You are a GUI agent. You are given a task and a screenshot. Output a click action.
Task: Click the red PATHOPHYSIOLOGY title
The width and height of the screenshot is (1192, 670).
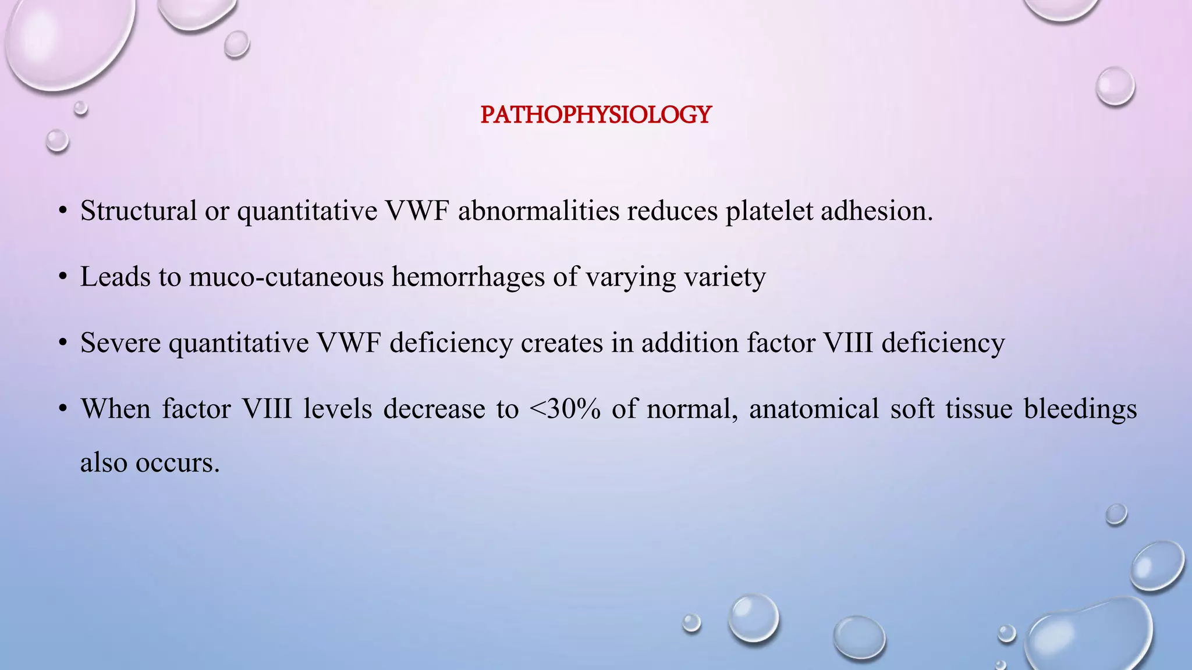(x=596, y=115)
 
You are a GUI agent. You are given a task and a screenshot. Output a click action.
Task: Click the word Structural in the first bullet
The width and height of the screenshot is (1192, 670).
(x=139, y=211)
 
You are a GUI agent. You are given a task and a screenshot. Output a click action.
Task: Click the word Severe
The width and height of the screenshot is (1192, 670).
(x=120, y=343)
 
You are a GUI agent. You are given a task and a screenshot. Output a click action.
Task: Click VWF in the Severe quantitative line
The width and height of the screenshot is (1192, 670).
(x=349, y=343)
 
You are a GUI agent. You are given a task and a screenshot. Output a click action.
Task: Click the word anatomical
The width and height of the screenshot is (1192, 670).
(x=814, y=409)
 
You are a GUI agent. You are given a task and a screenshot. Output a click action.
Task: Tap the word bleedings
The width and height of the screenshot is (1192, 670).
(x=1080, y=409)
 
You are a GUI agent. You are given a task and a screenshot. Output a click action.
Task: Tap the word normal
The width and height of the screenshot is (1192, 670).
(x=692, y=409)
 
